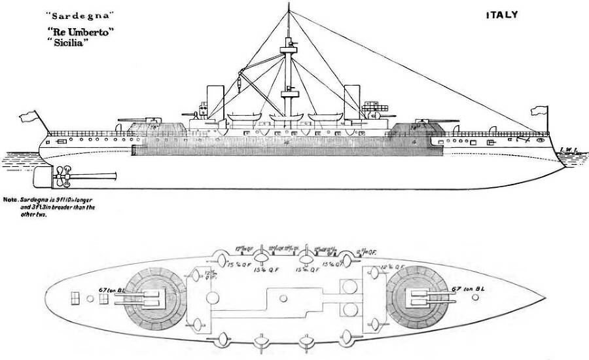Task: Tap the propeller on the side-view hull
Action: point(62,173)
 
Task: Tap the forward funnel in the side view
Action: point(352,98)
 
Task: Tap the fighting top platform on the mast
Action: point(289,46)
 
